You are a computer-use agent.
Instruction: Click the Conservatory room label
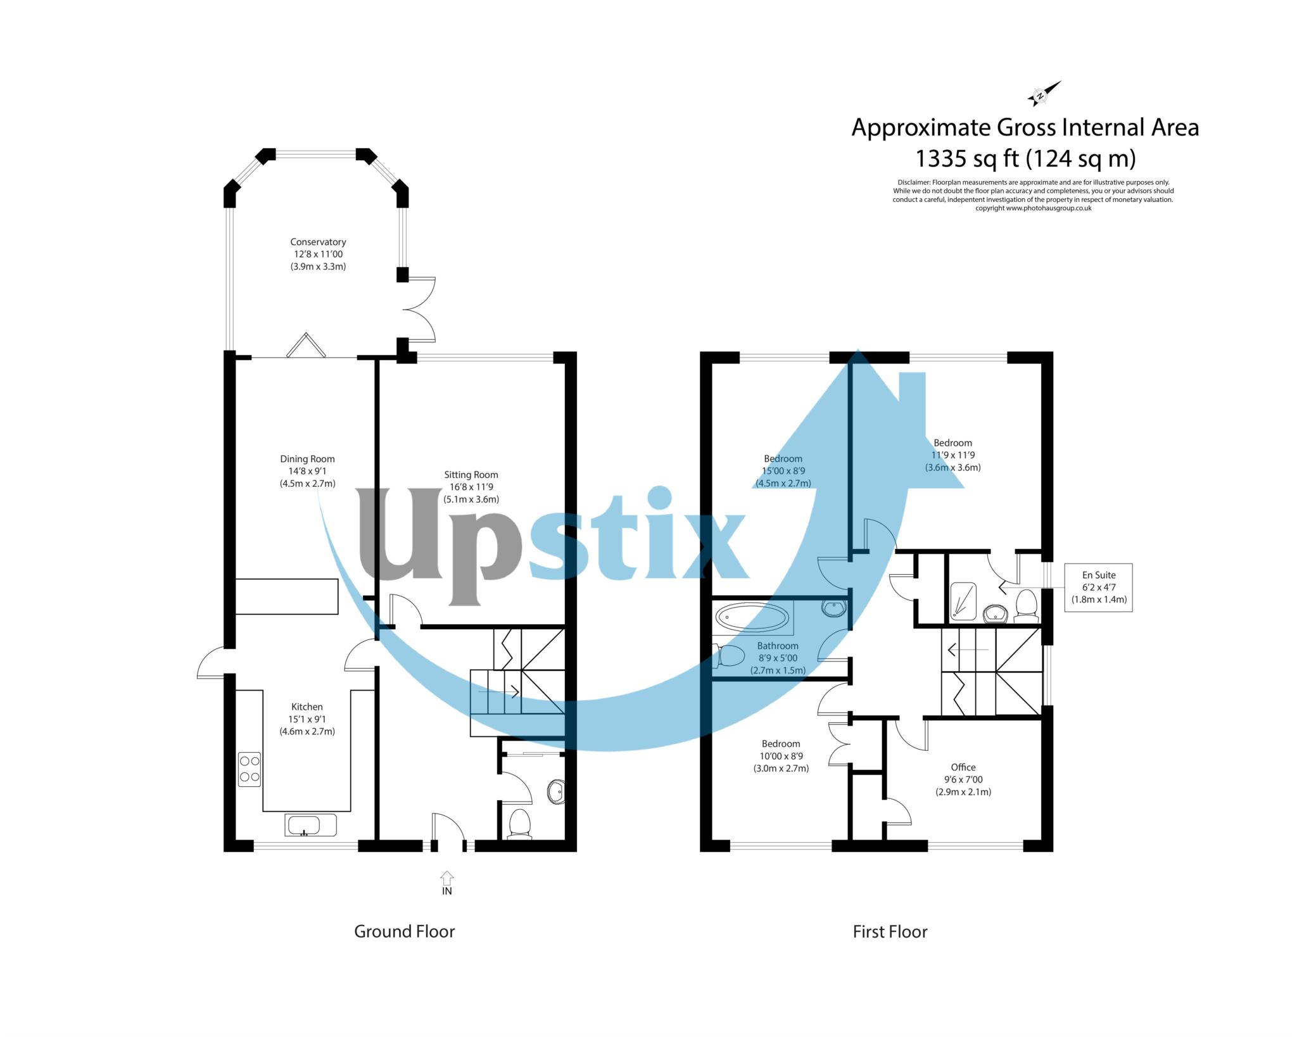[x=318, y=242]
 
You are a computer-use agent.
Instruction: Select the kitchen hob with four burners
[x=249, y=769]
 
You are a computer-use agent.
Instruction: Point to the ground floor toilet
[x=521, y=824]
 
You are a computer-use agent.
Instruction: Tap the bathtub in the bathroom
[x=752, y=617]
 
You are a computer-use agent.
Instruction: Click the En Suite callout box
[x=1098, y=587]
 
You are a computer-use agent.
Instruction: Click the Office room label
[x=963, y=767]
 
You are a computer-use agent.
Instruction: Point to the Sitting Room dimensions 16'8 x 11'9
[x=471, y=487]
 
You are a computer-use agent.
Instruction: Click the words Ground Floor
[x=404, y=931]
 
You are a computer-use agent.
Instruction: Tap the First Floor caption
[x=890, y=931]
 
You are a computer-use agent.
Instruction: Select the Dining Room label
[x=307, y=459]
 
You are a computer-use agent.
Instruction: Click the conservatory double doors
[x=420, y=310]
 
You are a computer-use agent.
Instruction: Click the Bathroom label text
[x=778, y=646]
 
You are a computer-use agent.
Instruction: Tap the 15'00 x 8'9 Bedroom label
[x=783, y=471]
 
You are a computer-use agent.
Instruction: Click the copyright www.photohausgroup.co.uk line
[x=1033, y=208]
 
